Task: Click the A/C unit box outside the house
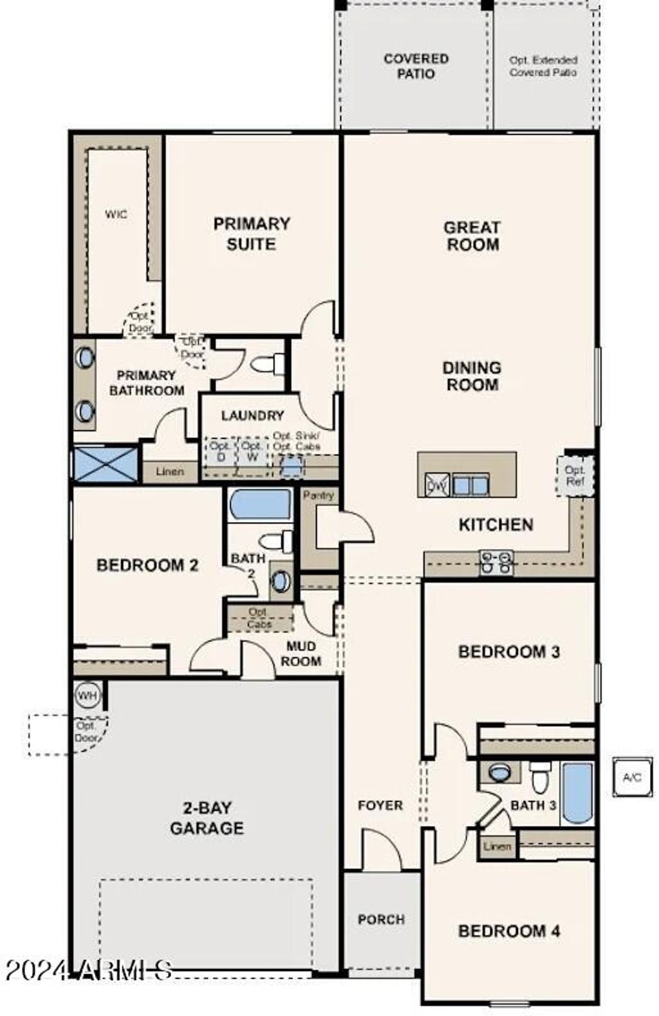pyautogui.click(x=632, y=778)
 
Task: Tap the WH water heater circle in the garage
pyautogui.click(x=88, y=695)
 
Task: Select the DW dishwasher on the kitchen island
pyautogui.click(x=437, y=484)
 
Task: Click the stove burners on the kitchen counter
pyautogui.click(x=497, y=561)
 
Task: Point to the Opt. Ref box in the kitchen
pyautogui.click(x=574, y=476)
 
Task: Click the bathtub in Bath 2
pyautogui.click(x=261, y=504)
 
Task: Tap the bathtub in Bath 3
pyautogui.click(x=577, y=793)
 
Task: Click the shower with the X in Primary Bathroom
pyautogui.click(x=106, y=464)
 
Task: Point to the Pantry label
pyautogui.click(x=319, y=495)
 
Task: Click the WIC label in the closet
pyautogui.click(x=116, y=214)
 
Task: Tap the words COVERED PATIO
pyautogui.click(x=416, y=66)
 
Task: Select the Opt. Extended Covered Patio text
pyautogui.click(x=544, y=66)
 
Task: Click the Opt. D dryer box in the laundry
pyautogui.click(x=221, y=452)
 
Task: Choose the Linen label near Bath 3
pyautogui.click(x=497, y=847)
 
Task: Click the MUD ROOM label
pyautogui.click(x=301, y=654)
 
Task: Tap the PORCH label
pyautogui.click(x=381, y=919)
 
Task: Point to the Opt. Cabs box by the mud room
pyautogui.click(x=259, y=618)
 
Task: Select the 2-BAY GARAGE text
pyautogui.click(x=207, y=818)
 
